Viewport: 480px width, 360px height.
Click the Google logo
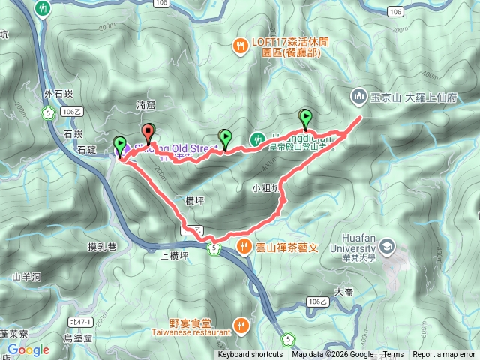pyautogui.click(x=28, y=349)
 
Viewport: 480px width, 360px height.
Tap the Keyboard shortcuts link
pyautogui.click(x=251, y=355)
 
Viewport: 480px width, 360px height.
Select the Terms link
pyautogui.click(x=393, y=355)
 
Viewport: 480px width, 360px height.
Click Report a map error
pyautogui.click(x=444, y=355)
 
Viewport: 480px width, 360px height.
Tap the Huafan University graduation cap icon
pyautogui.click(x=385, y=245)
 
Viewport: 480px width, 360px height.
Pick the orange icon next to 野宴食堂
pyautogui.click(x=241, y=325)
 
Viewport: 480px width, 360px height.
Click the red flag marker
pyautogui.click(x=148, y=133)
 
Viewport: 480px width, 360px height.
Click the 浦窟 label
pyautogui.click(x=146, y=107)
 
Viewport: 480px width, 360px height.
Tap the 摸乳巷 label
pyautogui.click(x=103, y=246)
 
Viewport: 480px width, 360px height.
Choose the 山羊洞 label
pyautogui.click(x=26, y=277)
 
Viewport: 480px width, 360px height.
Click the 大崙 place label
pyautogui.click(x=344, y=291)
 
